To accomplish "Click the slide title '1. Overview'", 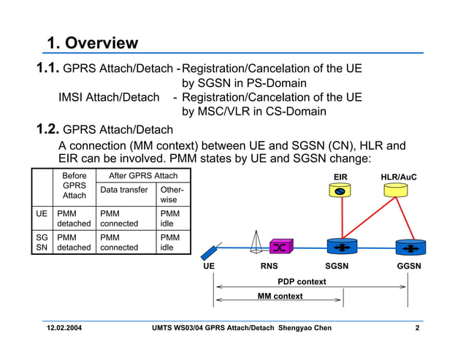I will (x=92, y=43).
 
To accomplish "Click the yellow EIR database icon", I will (x=340, y=191).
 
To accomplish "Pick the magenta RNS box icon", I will (x=281, y=246).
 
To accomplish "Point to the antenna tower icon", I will (x=256, y=242).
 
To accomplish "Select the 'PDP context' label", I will (x=302, y=281).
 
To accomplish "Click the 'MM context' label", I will (x=280, y=296).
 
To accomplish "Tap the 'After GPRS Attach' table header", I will (x=142, y=176).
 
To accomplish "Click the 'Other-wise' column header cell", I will (x=172, y=194).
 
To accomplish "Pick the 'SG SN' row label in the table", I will (x=42, y=242).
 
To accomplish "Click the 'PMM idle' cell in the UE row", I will (x=170, y=218).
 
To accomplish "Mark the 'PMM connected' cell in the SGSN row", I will (x=119, y=242).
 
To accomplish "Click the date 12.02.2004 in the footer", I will (x=65, y=328).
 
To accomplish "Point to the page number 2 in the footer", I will (x=416, y=328).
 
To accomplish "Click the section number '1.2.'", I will (x=48, y=130).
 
